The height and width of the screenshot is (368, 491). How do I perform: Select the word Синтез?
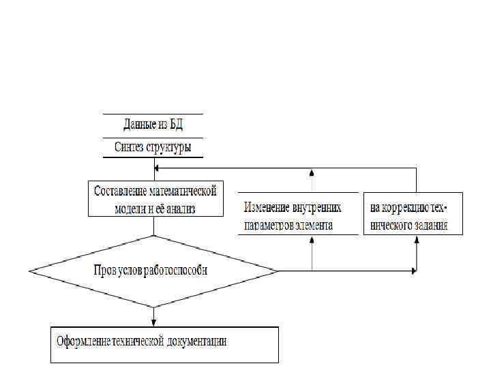(130, 147)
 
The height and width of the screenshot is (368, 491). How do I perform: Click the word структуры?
(168, 147)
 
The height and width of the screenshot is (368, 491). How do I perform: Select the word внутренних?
(316, 207)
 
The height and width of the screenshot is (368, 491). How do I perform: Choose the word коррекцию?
(405, 207)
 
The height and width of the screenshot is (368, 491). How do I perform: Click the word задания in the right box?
(430, 225)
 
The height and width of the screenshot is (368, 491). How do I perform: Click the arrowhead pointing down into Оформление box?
(155, 322)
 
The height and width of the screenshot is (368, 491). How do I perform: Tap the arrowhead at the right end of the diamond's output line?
(413, 271)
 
